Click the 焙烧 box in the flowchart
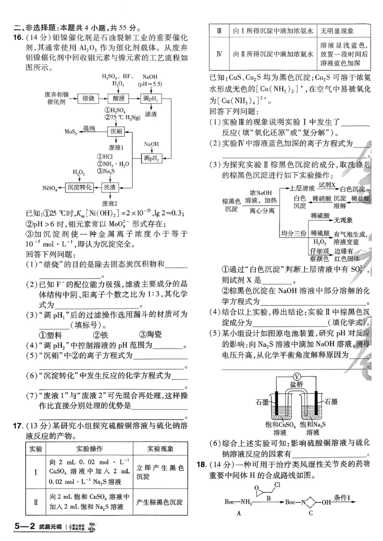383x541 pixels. (x=88, y=98)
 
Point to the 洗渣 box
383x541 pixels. (x=111, y=187)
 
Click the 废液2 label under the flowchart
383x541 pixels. (x=111, y=203)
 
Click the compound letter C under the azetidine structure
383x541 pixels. (x=310, y=513)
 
